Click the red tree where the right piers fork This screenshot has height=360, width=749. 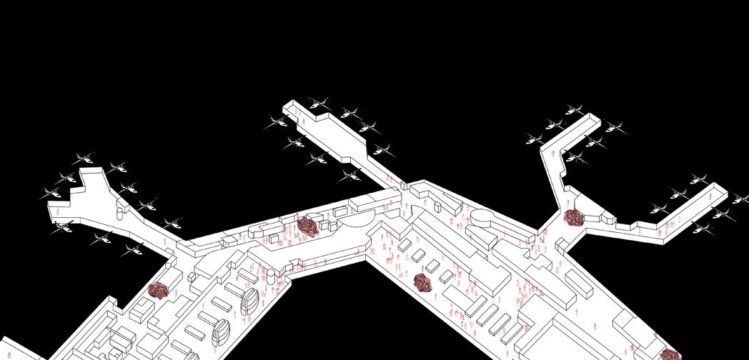point(572,217)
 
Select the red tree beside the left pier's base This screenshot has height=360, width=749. point(157,290)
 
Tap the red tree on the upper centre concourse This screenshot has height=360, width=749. point(309,226)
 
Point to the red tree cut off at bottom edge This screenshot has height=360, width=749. point(670,354)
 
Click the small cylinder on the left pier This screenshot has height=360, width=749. point(119,206)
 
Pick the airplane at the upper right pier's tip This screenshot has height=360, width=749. point(574,109)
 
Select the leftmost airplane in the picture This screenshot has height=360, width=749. point(52,191)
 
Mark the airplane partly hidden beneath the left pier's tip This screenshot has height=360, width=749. point(63,227)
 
